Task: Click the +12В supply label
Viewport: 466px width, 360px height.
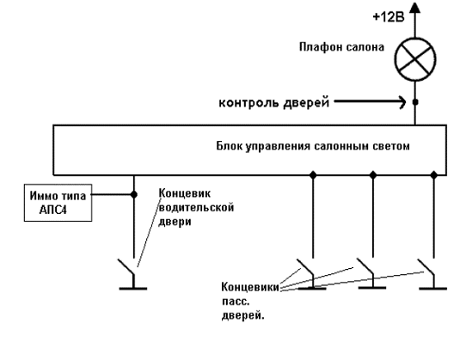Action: [x=389, y=17]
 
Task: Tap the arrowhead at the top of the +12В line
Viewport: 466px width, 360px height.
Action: [x=415, y=8]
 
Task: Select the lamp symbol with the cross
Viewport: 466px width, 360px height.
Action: [x=415, y=59]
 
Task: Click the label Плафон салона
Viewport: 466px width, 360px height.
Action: [x=341, y=47]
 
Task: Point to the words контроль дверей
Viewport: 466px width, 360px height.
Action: [x=274, y=102]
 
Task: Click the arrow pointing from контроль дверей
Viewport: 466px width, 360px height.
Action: [x=370, y=102]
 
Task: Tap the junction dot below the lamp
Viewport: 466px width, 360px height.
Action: [x=415, y=102]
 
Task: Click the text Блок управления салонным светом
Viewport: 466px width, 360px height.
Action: [x=313, y=146]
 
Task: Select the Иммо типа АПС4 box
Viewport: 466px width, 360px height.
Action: [x=58, y=203]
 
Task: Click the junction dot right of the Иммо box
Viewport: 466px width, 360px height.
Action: [x=134, y=194]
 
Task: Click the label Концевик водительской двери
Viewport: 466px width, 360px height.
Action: [x=196, y=207]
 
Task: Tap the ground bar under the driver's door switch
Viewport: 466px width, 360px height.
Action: [x=133, y=289]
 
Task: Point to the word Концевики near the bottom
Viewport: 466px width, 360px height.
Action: [x=250, y=287]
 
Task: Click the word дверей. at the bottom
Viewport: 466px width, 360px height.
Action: [x=243, y=315]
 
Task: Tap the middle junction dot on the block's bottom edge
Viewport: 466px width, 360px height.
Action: [x=373, y=175]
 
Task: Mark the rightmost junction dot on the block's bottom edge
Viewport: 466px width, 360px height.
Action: [x=434, y=175]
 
